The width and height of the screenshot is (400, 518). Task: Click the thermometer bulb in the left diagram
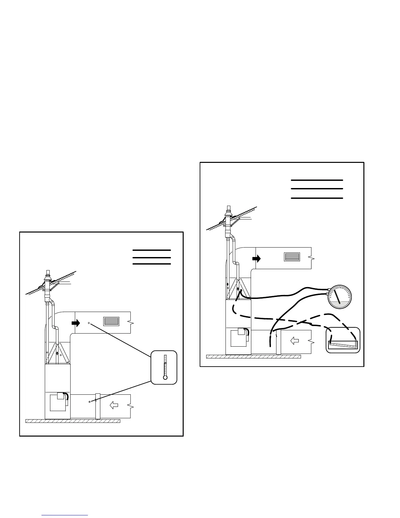pyautogui.click(x=165, y=377)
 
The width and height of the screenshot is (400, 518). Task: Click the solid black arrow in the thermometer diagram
pyautogui.click(x=76, y=323)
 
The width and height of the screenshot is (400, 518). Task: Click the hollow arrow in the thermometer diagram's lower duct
pyautogui.click(x=114, y=406)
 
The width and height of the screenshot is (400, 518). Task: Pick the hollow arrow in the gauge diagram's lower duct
pyautogui.click(x=295, y=341)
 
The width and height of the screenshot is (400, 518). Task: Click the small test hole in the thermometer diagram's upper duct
pyautogui.click(x=89, y=323)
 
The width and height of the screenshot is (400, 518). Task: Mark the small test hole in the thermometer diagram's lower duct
pyautogui.click(x=89, y=401)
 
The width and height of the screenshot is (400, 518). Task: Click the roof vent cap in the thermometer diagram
pyautogui.click(x=48, y=273)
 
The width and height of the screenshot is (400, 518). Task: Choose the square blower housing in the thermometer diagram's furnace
pyautogui.click(x=58, y=403)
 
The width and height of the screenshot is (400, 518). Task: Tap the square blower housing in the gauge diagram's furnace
pyautogui.click(x=239, y=338)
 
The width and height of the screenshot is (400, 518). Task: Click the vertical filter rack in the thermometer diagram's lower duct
pyautogui.click(x=97, y=406)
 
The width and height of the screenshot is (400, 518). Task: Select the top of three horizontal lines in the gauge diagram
pyautogui.click(x=317, y=180)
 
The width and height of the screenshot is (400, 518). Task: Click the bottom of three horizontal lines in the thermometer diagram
pyautogui.click(x=152, y=264)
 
